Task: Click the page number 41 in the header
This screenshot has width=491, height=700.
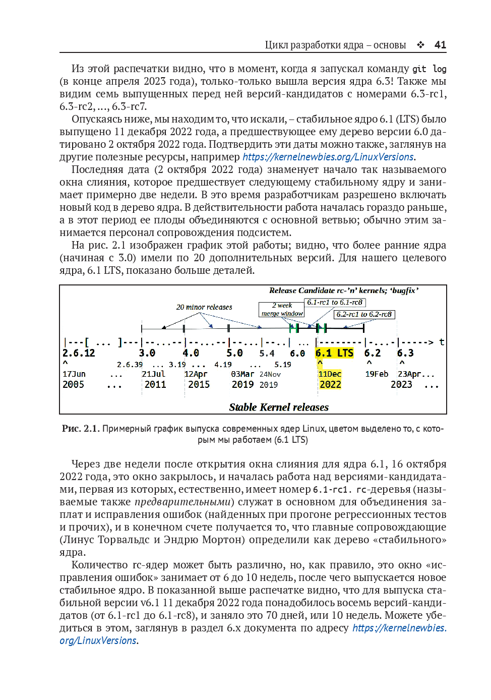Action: click(x=440, y=45)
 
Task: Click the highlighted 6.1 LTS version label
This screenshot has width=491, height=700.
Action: click(x=334, y=353)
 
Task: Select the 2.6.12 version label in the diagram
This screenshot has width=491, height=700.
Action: click(x=79, y=353)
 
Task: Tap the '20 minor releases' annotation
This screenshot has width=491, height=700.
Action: click(x=204, y=307)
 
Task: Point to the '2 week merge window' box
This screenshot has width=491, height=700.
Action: click(x=282, y=310)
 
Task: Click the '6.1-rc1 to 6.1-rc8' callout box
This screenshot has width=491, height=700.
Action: click(x=335, y=303)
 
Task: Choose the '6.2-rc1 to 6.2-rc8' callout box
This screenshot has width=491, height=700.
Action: click(x=364, y=314)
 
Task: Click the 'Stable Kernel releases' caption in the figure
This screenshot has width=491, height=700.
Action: click(x=279, y=407)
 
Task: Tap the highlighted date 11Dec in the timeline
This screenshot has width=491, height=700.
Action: click(x=330, y=374)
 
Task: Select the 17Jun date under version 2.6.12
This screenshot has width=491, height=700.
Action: click(x=74, y=374)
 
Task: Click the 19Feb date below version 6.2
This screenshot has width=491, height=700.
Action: click(x=377, y=374)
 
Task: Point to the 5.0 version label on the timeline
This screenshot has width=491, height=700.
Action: click(x=234, y=353)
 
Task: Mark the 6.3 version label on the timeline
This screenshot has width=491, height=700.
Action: click(x=405, y=353)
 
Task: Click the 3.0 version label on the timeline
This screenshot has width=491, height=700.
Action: click(x=147, y=353)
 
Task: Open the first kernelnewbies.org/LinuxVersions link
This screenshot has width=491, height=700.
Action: click(x=328, y=157)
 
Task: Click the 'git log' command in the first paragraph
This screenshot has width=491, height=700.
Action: click(x=429, y=69)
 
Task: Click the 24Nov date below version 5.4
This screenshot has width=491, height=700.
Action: click(x=270, y=374)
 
